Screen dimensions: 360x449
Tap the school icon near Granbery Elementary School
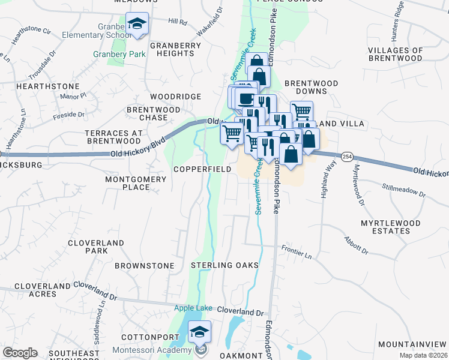[x=139, y=25]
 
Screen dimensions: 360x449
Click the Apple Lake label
[x=193, y=308]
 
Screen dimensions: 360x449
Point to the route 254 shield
[x=346, y=156]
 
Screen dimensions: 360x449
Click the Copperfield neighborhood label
[x=202, y=170]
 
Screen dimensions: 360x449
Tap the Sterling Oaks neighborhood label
[x=225, y=265]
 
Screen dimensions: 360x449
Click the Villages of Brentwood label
[x=404, y=55]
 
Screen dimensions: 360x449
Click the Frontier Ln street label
[x=298, y=251]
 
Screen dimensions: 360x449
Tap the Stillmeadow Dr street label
[x=403, y=190]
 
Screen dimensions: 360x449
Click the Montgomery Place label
[x=135, y=183]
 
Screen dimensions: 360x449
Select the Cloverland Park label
[x=96, y=247]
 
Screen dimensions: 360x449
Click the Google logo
[x=20, y=353]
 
